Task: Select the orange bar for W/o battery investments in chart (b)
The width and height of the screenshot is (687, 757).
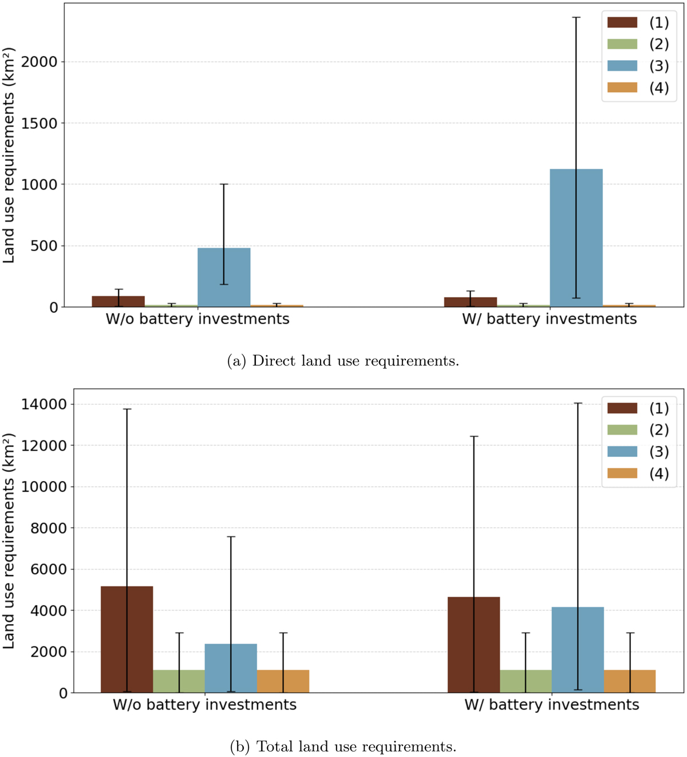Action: point(283,681)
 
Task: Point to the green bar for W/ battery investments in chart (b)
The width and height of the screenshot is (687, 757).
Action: point(526,681)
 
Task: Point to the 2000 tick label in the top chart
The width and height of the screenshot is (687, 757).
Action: point(40,62)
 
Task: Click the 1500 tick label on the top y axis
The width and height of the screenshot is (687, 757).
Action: point(40,123)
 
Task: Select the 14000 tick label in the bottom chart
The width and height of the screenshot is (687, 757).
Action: point(44,404)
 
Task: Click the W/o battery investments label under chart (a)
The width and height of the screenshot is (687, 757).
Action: point(198,319)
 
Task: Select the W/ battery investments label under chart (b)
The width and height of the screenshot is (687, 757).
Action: point(552,705)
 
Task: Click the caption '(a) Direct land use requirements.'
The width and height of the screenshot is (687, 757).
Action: point(343,361)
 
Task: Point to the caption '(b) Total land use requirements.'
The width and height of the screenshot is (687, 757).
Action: point(343,747)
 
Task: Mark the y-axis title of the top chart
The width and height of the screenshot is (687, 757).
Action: point(9,156)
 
